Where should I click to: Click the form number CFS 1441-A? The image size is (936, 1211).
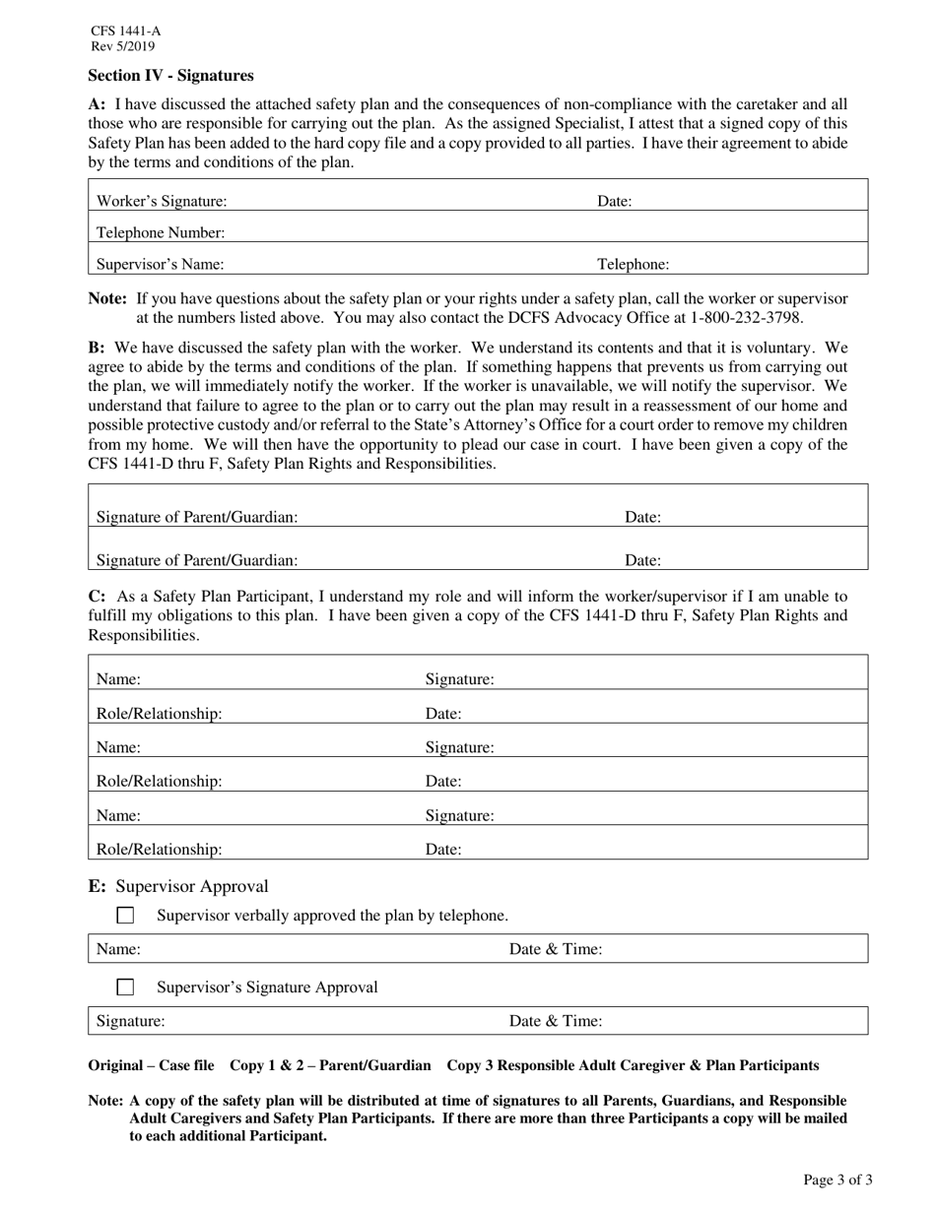point(125,32)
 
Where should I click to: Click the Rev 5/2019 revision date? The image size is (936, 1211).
point(122,46)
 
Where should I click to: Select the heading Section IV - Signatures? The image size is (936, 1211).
point(170,76)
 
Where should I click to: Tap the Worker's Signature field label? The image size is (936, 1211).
point(162,202)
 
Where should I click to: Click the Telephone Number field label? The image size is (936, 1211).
point(161,233)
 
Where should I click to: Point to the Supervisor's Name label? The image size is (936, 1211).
point(160,265)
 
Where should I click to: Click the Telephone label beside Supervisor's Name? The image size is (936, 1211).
point(634,265)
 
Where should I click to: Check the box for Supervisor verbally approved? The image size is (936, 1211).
point(125,916)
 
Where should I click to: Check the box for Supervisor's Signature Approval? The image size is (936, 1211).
point(125,988)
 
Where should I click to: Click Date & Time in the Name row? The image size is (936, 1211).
point(556,950)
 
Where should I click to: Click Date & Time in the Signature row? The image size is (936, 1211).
point(556,1022)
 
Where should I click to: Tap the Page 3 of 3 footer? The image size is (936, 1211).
point(837,1180)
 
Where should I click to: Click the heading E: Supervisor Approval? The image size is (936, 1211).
point(178,887)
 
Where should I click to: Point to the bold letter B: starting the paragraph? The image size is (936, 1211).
point(97,348)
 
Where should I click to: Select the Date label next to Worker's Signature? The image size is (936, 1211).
point(615,202)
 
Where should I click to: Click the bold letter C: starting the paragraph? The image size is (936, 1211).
point(97,597)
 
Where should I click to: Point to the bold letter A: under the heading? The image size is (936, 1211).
point(97,104)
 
